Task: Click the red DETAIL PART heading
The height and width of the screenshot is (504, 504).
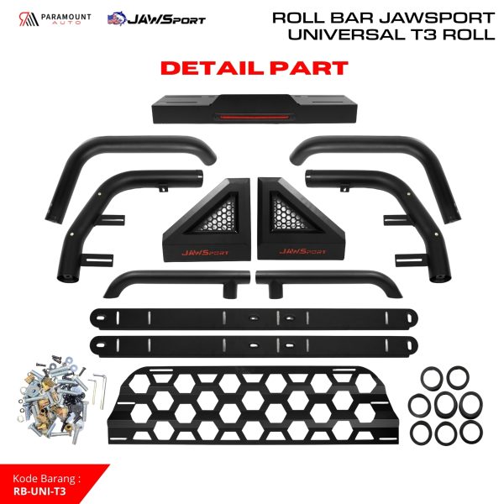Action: pyautogui.click(x=251, y=66)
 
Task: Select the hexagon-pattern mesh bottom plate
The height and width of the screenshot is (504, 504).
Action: pyautogui.click(x=252, y=403)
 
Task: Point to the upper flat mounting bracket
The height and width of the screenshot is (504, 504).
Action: pyautogui.click(x=251, y=318)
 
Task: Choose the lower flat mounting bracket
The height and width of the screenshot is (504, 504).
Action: pyautogui.click(x=251, y=345)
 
